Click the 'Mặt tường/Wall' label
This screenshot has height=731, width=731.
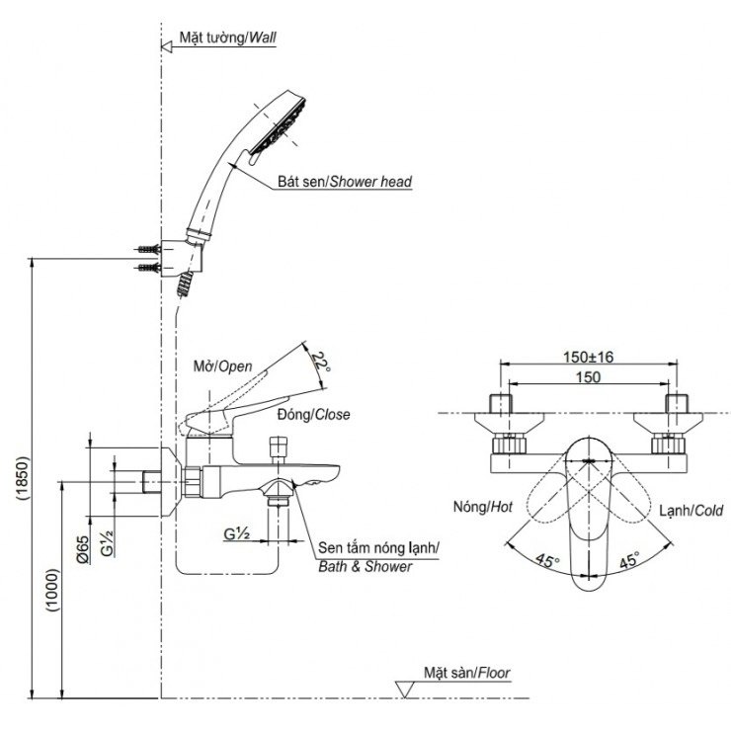click(227, 39)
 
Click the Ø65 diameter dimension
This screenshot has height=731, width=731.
click(84, 547)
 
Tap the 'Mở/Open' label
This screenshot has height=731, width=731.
click(223, 365)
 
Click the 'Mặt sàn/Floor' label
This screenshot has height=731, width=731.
click(468, 673)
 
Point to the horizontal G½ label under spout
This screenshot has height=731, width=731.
click(235, 533)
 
